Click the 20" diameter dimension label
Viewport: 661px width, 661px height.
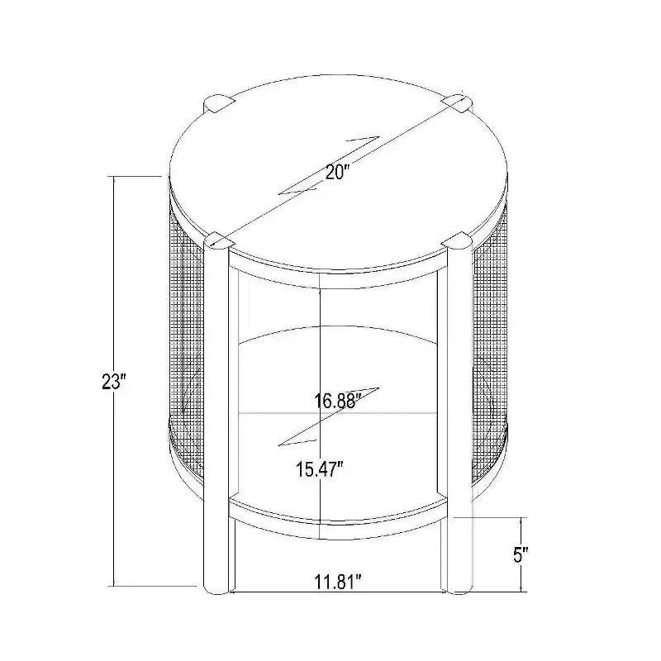click(x=337, y=171)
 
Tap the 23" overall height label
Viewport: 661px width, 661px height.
click(x=114, y=382)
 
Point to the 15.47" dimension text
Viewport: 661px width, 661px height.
click(x=320, y=468)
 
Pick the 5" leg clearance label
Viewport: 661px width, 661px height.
click(x=521, y=554)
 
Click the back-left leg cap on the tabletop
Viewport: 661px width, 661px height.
click(x=218, y=103)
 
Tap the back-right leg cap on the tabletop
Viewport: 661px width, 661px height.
click(x=457, y=103)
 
